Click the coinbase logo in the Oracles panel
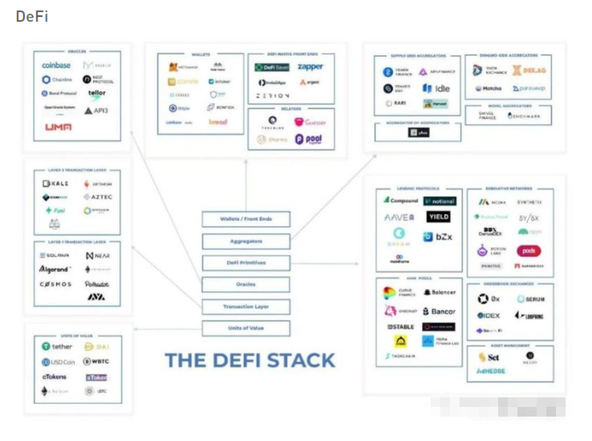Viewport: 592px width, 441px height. tap(56, 65)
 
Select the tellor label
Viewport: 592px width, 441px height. tap(97, 93)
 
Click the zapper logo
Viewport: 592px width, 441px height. tap(310, 67)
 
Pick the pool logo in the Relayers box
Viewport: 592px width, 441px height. tap(309, 139)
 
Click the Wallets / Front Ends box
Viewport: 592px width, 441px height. tap(246, 219)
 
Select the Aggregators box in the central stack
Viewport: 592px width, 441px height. tap(246, 241)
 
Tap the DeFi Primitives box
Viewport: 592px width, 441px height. tap(246, 263)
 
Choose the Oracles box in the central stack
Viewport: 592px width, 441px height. tap(246, 284)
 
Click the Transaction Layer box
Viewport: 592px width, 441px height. tap(246, 307)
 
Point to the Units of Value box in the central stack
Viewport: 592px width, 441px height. tap(246, 328)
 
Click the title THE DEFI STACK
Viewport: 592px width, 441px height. tap(250, 360)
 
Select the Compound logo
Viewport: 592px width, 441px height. tap(400, 201)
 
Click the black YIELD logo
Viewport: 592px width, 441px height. tap(439, 217)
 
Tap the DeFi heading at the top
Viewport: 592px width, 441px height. tap(32, 17)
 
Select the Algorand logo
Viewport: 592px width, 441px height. tap(55, 270)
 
